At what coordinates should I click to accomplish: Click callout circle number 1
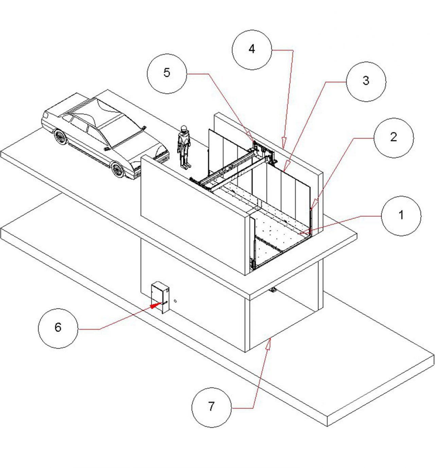point(401,216)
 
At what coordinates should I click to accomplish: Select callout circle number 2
point(394,138)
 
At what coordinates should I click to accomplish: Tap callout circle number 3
point(366,82)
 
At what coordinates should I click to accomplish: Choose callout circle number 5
point(167,73)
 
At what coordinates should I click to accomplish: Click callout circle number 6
point(58,328)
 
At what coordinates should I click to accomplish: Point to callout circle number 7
point(211,407)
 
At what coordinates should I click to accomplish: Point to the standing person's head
point(184,129)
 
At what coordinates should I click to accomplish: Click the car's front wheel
point(118,169)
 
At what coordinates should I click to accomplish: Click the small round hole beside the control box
point(175,301)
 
